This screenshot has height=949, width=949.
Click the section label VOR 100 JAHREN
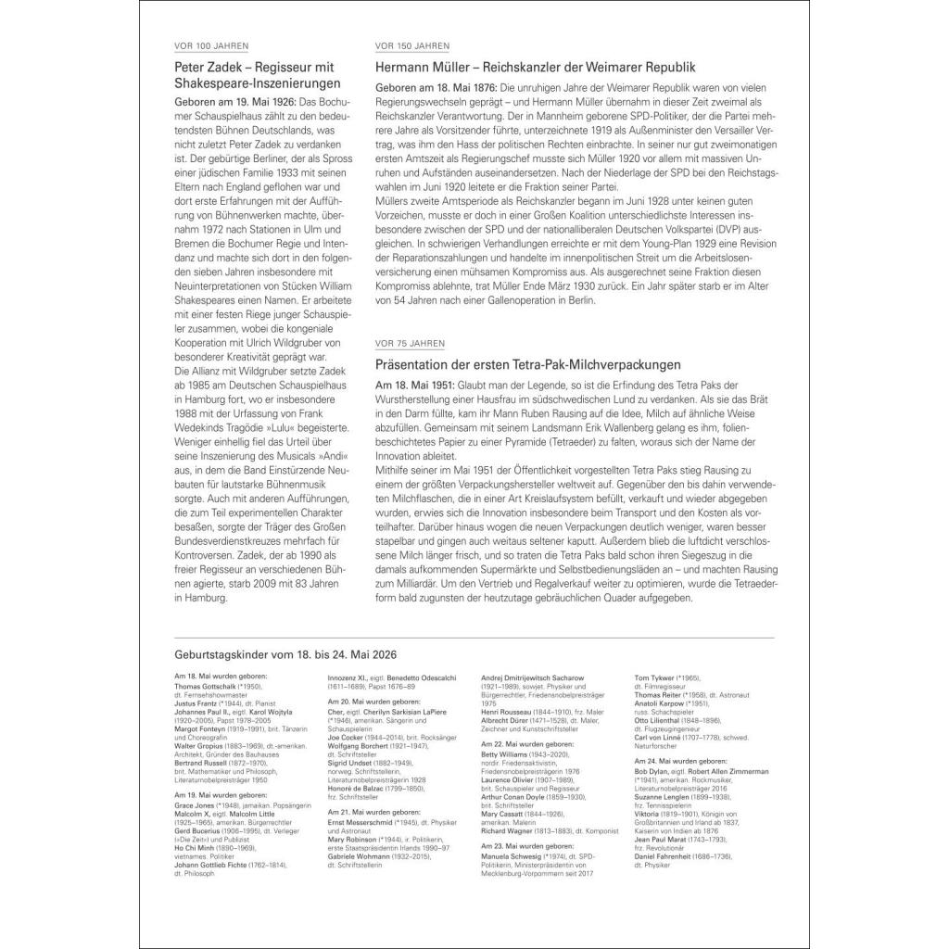211,45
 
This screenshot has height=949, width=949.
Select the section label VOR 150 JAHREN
412,45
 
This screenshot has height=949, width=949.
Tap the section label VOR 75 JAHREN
410,342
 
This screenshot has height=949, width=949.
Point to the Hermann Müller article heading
536,67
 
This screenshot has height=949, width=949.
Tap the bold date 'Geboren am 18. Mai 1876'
436,87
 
